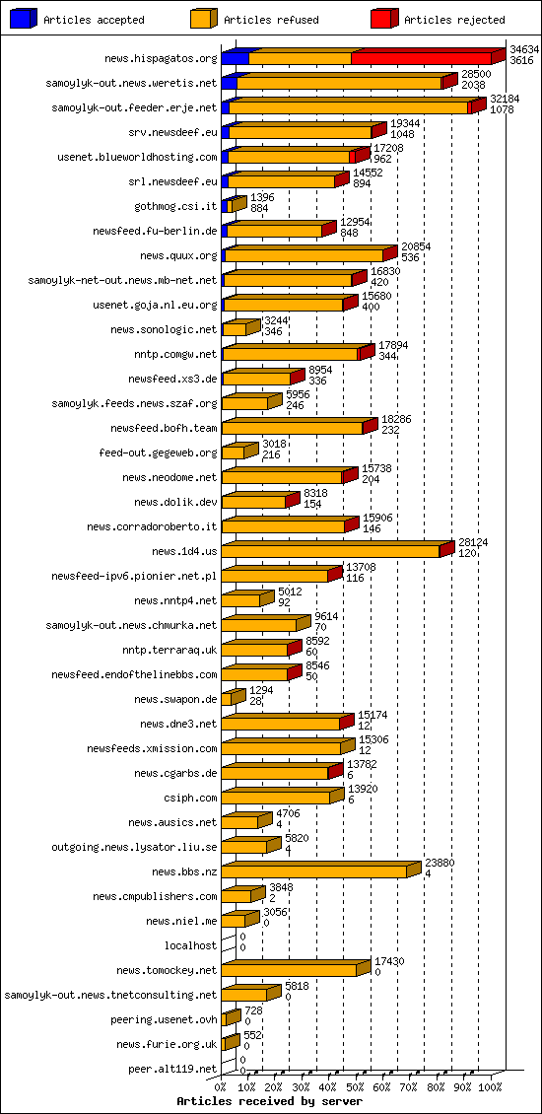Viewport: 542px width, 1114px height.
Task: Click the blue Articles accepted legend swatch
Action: (23, 19)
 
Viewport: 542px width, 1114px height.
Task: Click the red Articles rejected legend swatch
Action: (383, 19)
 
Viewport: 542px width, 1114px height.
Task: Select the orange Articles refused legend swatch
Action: (203, 19)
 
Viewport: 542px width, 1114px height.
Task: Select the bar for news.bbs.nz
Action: (315, 871)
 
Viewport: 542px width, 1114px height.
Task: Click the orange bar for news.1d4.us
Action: (331, 551)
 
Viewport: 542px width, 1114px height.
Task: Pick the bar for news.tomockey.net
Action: (290, 970)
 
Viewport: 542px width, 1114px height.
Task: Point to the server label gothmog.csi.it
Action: (175, 206)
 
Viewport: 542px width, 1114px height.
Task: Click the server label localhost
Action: (190, 945)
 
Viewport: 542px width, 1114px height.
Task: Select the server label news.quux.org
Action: (178, 255)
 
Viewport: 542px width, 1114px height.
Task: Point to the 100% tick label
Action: (490, 1087)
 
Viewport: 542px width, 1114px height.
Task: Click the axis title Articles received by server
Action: (269, 1100)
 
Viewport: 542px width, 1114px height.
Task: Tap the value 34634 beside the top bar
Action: (524, 48)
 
